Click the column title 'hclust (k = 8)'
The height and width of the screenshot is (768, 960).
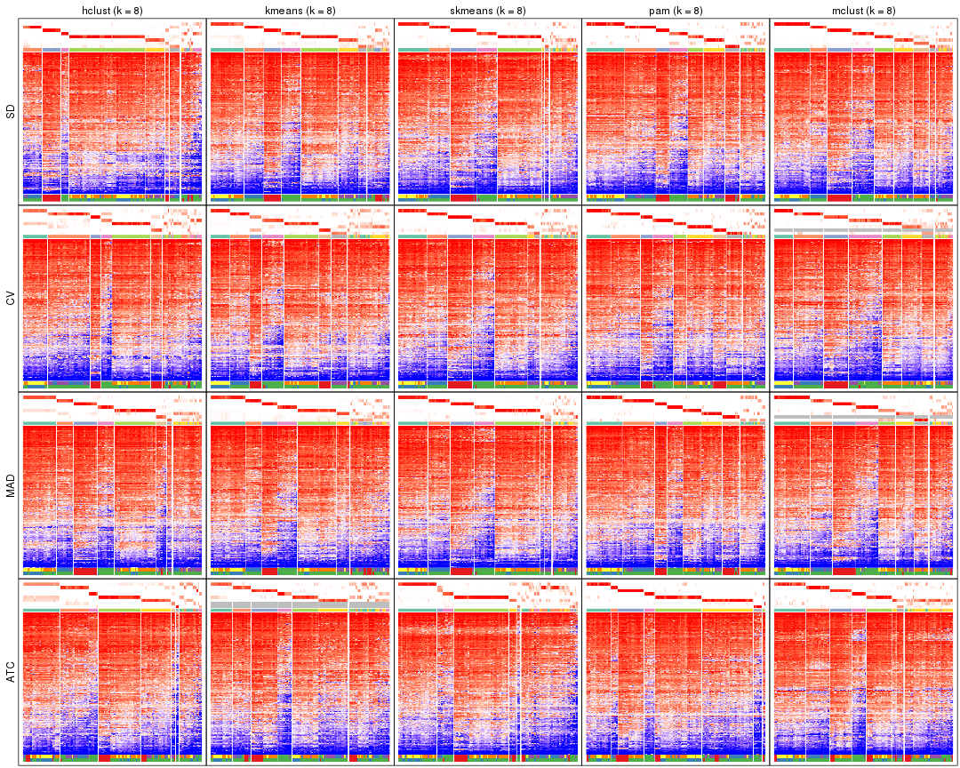pos(112,11)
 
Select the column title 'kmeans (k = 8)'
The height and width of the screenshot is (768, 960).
pos(300,11)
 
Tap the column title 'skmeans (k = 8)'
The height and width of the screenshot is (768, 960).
pos(488,11)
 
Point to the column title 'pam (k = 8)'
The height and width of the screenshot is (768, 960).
pos(676,11)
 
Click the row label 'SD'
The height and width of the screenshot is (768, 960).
pos(11,112)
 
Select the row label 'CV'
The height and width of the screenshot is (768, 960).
pos(11,299)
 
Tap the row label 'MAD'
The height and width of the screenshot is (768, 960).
pos(11,485)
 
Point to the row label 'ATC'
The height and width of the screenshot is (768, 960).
pos(11,673)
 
